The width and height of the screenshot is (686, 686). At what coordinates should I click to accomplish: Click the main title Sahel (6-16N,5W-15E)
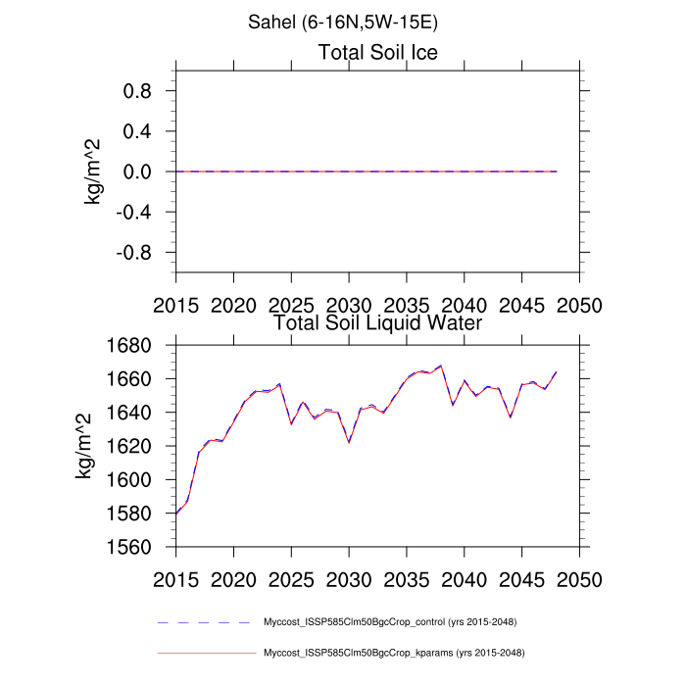[x=342, y=20]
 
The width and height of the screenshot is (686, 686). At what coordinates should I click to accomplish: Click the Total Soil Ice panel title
[x=377, y=52]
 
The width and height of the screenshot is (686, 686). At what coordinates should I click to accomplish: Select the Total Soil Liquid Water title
[x=377, y=321]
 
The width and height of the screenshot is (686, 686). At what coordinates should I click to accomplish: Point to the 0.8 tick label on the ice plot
[x=142, y=91]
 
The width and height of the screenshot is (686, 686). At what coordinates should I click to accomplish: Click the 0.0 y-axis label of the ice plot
[x=142, y=171]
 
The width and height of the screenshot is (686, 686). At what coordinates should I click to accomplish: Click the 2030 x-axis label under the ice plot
[x=349, y=305]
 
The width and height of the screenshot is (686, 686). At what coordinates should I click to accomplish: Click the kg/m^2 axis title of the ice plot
[x=96, y=171]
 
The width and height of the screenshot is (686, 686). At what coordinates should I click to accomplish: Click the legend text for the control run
[x=390, y=622]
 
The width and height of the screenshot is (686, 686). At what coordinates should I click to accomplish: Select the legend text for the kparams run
[x=390, y=653]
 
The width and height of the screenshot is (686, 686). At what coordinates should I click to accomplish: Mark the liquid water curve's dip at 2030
[x=349, y=442]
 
